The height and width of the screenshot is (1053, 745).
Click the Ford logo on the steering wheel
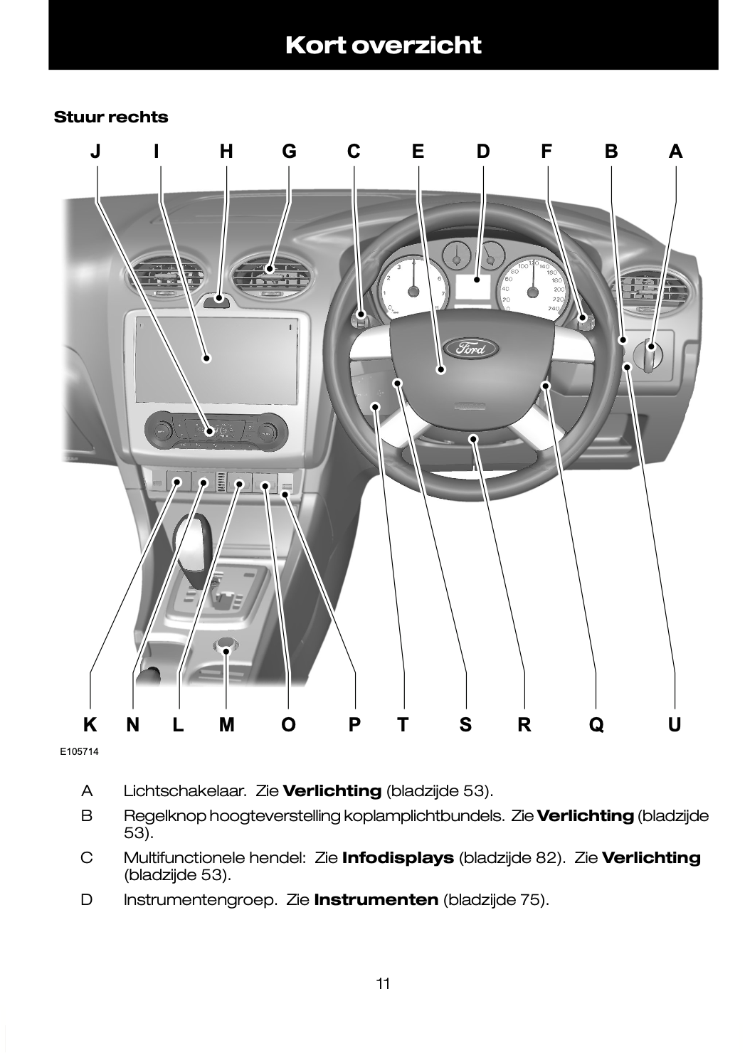tap(471, 348)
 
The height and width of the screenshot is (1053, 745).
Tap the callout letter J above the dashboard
tap(95, 152)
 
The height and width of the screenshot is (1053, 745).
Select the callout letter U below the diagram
tap(675, 725)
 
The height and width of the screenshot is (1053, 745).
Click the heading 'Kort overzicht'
tap(383, 45)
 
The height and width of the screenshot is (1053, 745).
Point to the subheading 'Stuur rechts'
tap(111, 117)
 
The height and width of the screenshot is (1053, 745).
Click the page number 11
tap(383, 984)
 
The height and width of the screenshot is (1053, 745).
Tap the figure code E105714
tap(79, 751)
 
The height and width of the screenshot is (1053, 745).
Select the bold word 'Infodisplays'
tap(398, 857)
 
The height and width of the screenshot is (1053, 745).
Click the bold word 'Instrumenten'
tap(375, 899)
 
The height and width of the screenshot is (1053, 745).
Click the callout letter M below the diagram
tap(226, 725)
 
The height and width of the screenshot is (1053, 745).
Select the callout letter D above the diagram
tap(483, 152)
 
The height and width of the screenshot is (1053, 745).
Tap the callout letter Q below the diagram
tap(596, 725)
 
